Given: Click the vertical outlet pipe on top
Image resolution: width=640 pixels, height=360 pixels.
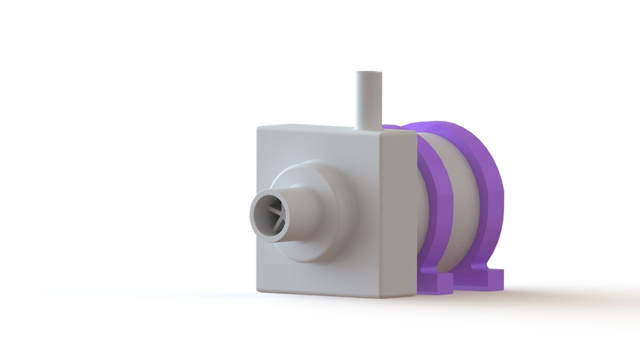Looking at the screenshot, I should coord(367,100).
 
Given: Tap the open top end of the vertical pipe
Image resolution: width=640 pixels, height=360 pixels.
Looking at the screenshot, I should coord(367,73).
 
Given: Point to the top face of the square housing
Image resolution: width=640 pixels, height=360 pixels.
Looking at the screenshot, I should coord(333,127).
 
